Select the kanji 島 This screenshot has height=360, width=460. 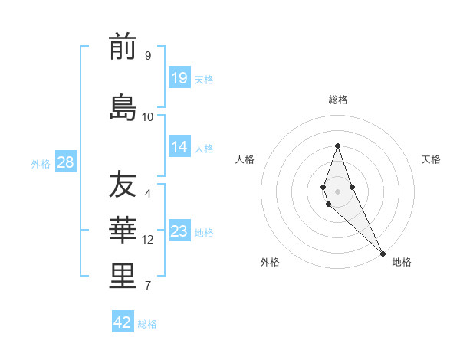(x=123, y=107)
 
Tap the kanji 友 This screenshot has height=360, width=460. (x=123, y=185)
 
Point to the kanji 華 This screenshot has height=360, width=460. (x=123, y=231)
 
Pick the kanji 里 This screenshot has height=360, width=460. (x=123, y=277)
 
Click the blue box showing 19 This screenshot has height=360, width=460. (x=179, y=78)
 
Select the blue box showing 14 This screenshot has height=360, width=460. (x=179, y=148)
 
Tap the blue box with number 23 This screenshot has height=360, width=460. (x=179, y=232)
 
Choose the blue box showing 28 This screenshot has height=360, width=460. (x=65, y=162)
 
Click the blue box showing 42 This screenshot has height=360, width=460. (x=123, y=322)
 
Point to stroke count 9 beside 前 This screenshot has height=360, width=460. (x=147, y=55)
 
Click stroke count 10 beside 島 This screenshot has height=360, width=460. (x=147, y=116)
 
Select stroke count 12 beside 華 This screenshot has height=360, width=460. (x=147, y=240)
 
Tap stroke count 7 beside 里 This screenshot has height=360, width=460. (x=147, y=286)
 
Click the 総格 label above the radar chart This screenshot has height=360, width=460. (x=338, y=100)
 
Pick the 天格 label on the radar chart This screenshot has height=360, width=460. (x=431, y=159)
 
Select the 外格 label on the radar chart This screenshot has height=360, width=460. (x=270, y=262)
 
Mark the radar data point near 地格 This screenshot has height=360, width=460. (x=383, y=253)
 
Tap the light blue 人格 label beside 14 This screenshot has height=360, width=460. (x=204, y=149)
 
